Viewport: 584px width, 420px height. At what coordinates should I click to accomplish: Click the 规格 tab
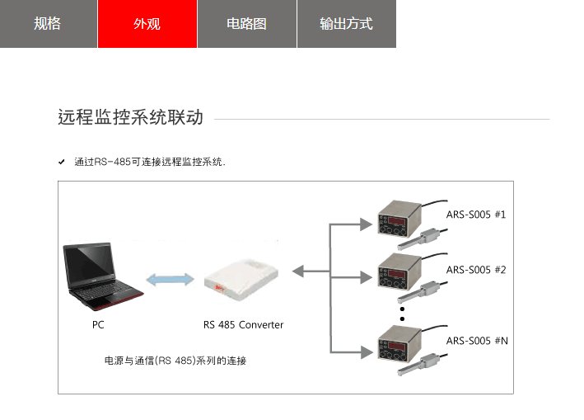pos(48,24)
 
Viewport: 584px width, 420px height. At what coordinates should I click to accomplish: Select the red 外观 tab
pos(147,24)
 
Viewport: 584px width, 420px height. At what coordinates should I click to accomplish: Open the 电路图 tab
pos(246,24)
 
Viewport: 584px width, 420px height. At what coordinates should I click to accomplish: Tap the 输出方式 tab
pos(346,24)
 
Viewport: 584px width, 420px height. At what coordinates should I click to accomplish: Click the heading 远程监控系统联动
pos(130,117)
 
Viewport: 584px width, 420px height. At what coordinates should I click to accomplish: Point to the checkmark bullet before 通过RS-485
pos(62,162)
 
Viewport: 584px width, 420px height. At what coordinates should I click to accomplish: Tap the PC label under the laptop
pos(98,325)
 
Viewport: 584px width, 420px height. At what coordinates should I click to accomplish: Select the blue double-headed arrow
pos(168,279)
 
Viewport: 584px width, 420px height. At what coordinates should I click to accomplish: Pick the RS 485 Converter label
pos(243,325)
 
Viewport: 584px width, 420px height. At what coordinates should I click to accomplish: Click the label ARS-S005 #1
pos(475,215)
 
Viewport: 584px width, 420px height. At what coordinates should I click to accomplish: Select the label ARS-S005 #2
pos(475,270)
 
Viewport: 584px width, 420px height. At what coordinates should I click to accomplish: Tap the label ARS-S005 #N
pos(475,340)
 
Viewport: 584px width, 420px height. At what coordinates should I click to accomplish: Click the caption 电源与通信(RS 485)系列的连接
pos(175,361)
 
